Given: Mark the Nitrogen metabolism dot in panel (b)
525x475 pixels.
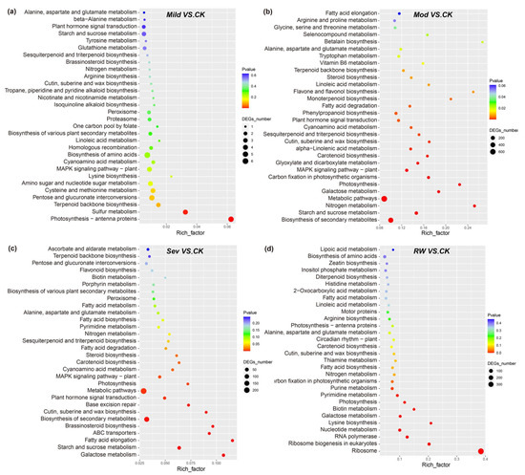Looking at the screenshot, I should pyautogui.click(x=474, y=205).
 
